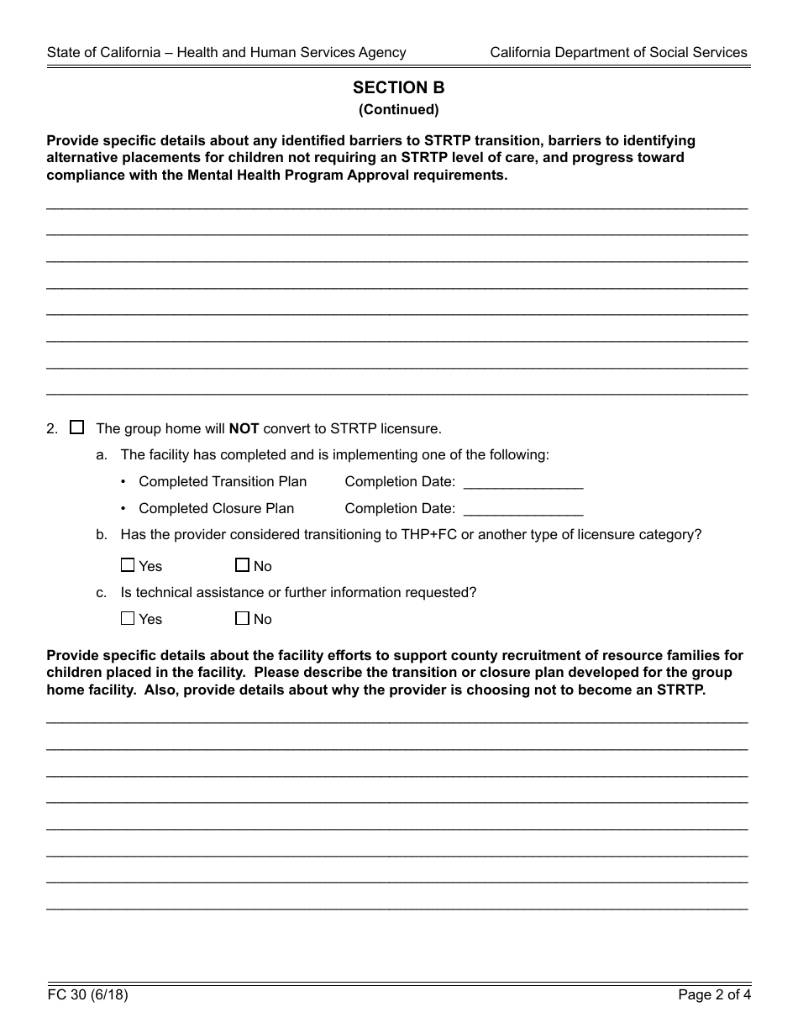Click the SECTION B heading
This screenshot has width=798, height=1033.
tap(398, 87)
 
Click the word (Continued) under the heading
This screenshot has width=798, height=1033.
tap(398, 109)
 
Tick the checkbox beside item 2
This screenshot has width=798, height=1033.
tap(77, 427)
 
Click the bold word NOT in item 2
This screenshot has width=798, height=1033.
tap(244, 428)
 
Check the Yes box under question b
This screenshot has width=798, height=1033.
tap(128, 565)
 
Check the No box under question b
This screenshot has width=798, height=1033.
tap(243, 565)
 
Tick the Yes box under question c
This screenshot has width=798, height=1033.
tap(128, 618)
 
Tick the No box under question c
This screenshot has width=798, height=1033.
tap(243, 618)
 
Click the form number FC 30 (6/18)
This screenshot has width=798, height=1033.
tap(87, 996)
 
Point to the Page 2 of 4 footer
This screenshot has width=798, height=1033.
tap(714, 996)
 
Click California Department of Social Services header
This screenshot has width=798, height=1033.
tap(618, 52)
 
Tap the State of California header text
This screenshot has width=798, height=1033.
tap(226, 52)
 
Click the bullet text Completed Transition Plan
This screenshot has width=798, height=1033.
tap(223, 482)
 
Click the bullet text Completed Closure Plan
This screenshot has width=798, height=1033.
tap(216, 509)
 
